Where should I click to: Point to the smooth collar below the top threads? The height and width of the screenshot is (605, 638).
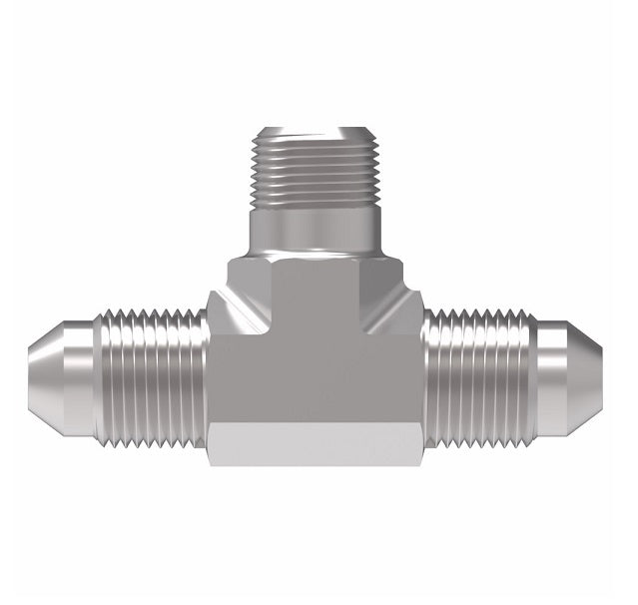pyautogui.click(x=315, y=230)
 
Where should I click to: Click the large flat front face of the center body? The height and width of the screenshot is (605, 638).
pyautogui.click(x=315, y=379)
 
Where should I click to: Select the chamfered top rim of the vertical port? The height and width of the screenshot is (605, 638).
pyautogui.click(x=315, y=132)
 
